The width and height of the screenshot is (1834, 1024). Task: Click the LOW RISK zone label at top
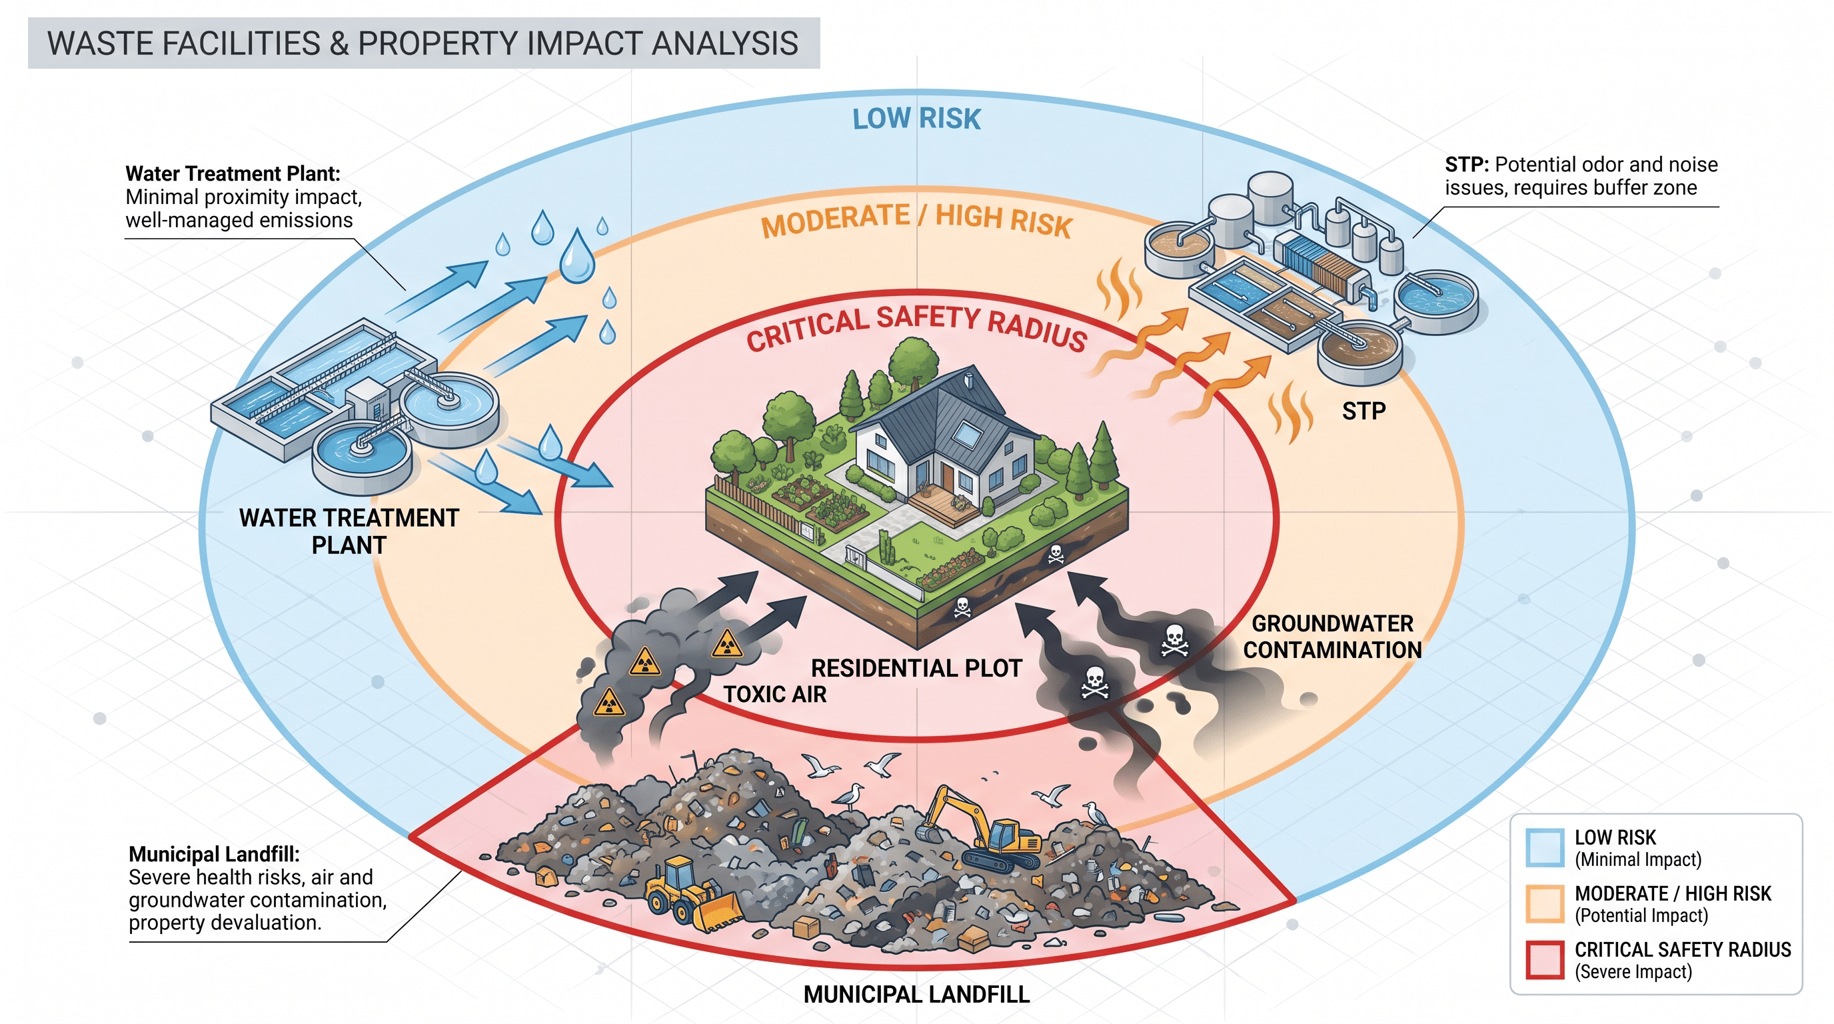[x=916, y=119]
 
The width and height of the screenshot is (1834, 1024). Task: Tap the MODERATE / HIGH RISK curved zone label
[x=916, y=219]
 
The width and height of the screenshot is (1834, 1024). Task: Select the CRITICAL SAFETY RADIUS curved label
[x=916, y=327]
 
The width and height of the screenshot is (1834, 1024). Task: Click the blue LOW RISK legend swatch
[x=1545, y=847]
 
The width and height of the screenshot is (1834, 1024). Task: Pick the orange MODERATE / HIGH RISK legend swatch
[x=1545, y=903]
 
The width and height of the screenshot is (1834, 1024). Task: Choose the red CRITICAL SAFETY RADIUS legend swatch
[x=1545, y=960]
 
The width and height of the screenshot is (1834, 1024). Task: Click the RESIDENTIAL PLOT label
[x=916, y=668]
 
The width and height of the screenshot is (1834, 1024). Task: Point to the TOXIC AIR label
[x=774, y=694]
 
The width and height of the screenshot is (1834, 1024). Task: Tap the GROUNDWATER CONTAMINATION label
[x=1332, y=637]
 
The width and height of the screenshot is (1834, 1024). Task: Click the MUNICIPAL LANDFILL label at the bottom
[x=916, y=994]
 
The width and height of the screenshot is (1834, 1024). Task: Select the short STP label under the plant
[x=1364, y=411]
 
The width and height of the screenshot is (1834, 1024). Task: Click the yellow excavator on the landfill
[x=982, y=829]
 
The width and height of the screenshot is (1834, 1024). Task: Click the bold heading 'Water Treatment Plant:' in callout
[x=233, y=174]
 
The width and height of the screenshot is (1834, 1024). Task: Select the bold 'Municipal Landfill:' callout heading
[x=213, y=854]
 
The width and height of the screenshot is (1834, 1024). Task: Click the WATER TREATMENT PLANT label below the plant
[x=349, y=531]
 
